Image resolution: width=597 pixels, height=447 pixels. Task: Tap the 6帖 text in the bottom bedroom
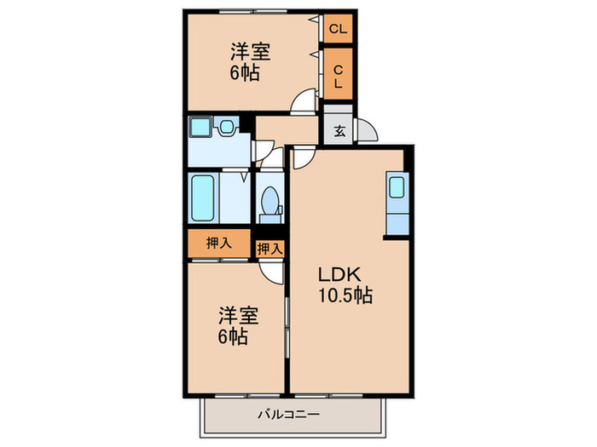pyautogui.click(x=231, y=336)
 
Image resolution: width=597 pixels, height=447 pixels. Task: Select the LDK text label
pyautogui.click(x=342, y=276)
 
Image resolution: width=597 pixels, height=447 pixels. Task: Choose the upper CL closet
pyautogui.click(x=339, y=30)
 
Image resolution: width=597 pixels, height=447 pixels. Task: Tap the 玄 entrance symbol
pyautogui.click(x=339, y=130)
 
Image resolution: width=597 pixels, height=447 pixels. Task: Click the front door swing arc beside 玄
pyautogui.click(x=368, y=130)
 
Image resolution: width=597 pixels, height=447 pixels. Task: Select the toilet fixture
pyautogui.click(x=270, y=203)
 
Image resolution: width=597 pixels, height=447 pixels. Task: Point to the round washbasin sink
pyautogui.click(x=226, y=129)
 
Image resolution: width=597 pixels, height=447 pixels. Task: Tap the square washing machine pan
pyautogui.click(x=200, y=129)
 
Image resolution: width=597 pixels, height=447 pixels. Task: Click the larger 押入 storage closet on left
pyautogui.click(x=218, y=243)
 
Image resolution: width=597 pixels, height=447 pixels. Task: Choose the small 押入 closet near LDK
pyautogui.click(x=270, y=249)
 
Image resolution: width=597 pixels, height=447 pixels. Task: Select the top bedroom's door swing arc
pyautogui.click(x=302, y=104)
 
